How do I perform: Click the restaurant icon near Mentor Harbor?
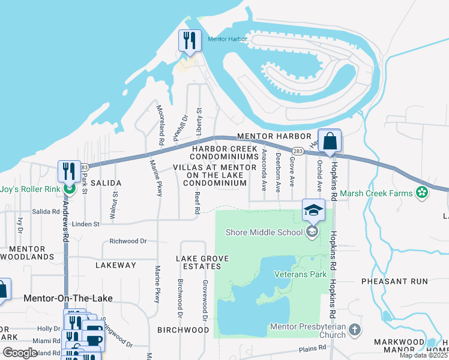(x=190, y=41)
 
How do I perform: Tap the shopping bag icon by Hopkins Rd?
(x=330, y=142)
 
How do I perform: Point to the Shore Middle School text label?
(x=264, y=232)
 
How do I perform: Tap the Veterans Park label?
(x=300, y=274)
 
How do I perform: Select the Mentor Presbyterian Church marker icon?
(x=355, y=329)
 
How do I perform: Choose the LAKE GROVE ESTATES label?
(x=202, y=263)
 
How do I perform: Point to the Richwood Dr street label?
(x=128, y=241)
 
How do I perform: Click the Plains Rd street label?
(x=313, y=347)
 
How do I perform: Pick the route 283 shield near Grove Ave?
(x=298, y=151)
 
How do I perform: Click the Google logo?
(x=20, y=353)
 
